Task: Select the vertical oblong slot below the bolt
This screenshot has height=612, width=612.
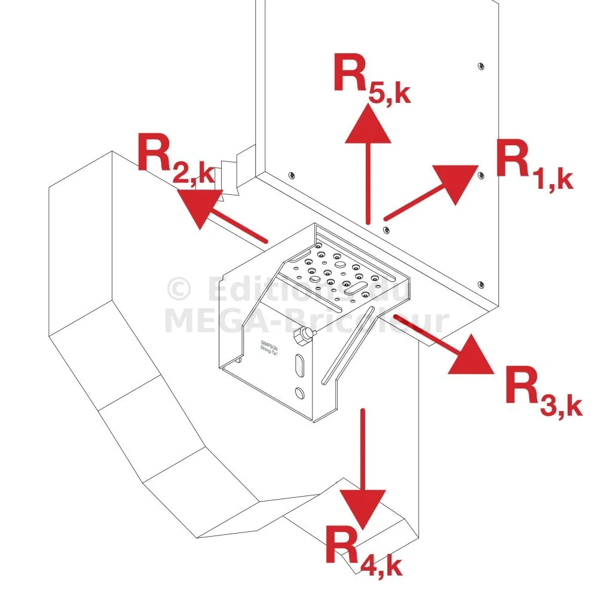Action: pos(299,365)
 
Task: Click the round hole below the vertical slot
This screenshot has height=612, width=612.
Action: pos(299,393)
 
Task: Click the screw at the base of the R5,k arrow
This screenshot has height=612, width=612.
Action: pos(386,227)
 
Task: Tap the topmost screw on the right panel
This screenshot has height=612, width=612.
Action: pos(481,65)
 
